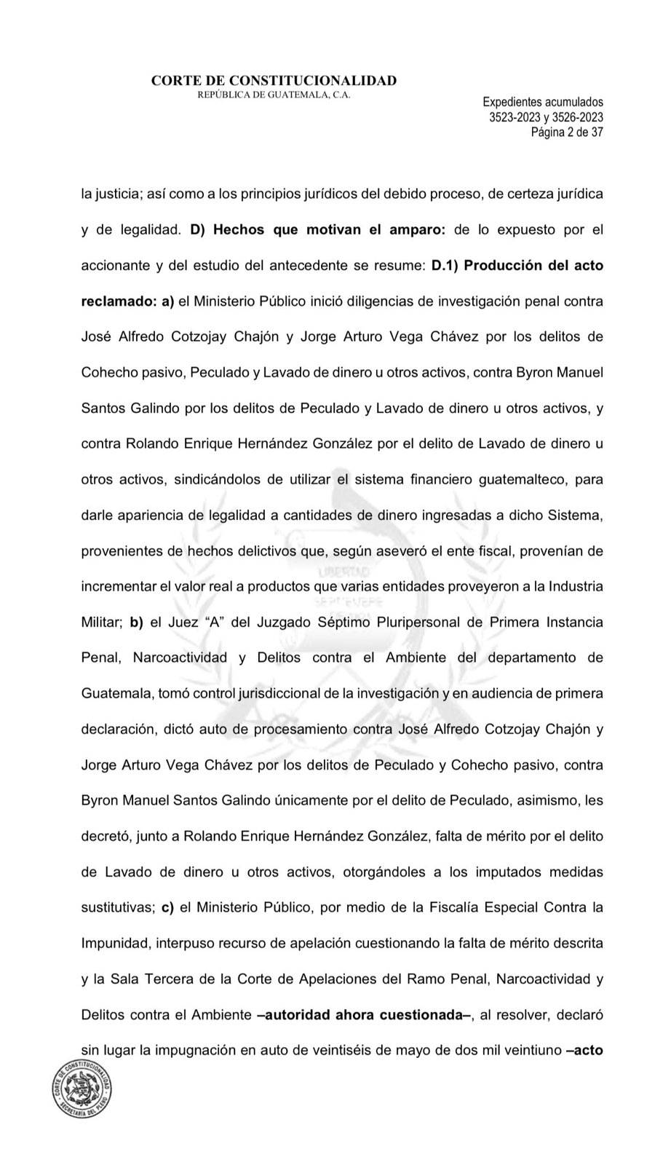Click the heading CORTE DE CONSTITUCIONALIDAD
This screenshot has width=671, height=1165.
(274, 81)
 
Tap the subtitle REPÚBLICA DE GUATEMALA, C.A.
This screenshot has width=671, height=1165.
(274, 95)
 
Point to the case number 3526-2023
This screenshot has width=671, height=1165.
(578, 117)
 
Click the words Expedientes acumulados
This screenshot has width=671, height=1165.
(543, 103)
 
